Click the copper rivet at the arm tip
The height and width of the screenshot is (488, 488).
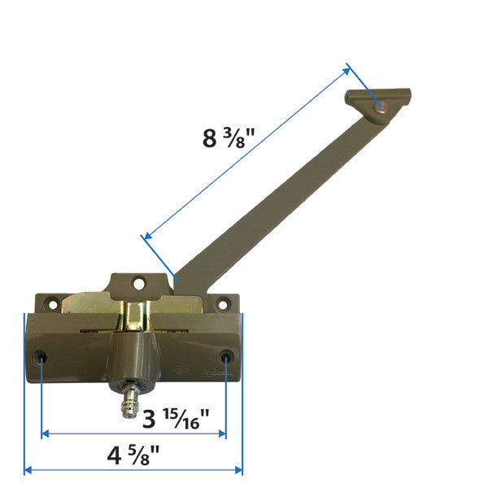point(382,106)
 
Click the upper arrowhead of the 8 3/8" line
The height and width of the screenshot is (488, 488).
point(348,68)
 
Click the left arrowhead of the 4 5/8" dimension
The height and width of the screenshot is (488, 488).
point(28,470)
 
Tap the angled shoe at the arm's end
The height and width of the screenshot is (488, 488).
point(377,104)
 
